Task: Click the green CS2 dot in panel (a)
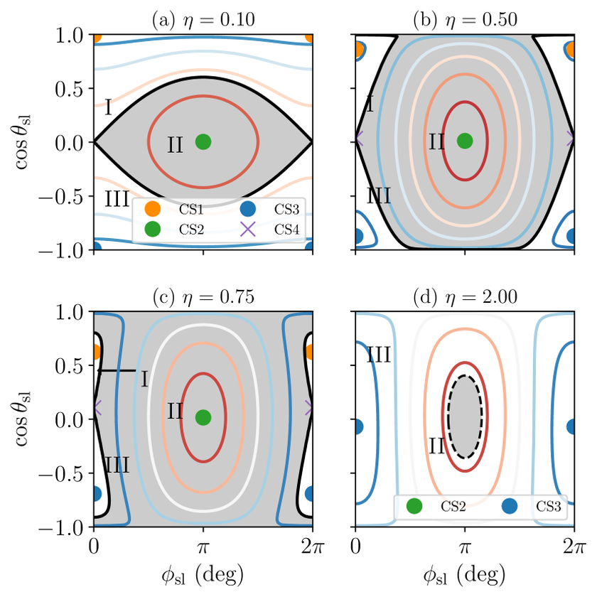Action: [203, 141]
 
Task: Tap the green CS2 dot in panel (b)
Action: [465, 141]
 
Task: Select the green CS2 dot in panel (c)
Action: [203, 417]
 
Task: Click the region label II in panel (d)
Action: [437, 446]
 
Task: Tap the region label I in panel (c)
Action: [144, 380]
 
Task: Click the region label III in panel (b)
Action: [378, 194]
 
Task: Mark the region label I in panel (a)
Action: [108, 108]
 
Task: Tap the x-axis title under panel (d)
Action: [465, 573]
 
